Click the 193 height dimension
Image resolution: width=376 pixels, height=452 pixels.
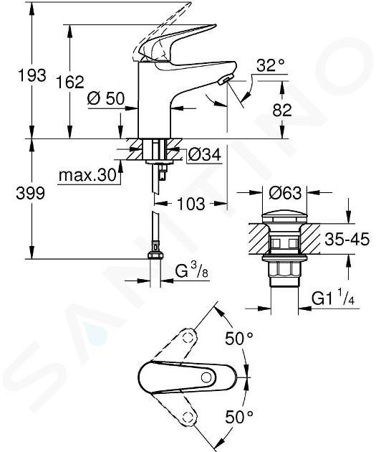(x=32, y=75)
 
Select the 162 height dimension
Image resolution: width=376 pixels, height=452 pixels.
(x=70, y=82)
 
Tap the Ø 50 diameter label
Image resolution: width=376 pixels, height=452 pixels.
(x=106, y=98)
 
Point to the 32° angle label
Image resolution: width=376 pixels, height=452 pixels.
(x=271, y=65)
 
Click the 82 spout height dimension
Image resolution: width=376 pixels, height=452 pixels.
(x=282, y=110)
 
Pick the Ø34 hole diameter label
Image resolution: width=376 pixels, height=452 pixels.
(x=205, y=154)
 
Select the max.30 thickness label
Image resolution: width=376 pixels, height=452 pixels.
(x=87, y=175)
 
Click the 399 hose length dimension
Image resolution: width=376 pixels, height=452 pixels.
(x=31, y=193)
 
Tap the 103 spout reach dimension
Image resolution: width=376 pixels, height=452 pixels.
(x=191, y=204)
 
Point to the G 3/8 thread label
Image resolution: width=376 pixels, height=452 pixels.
(x=192, y=270)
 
